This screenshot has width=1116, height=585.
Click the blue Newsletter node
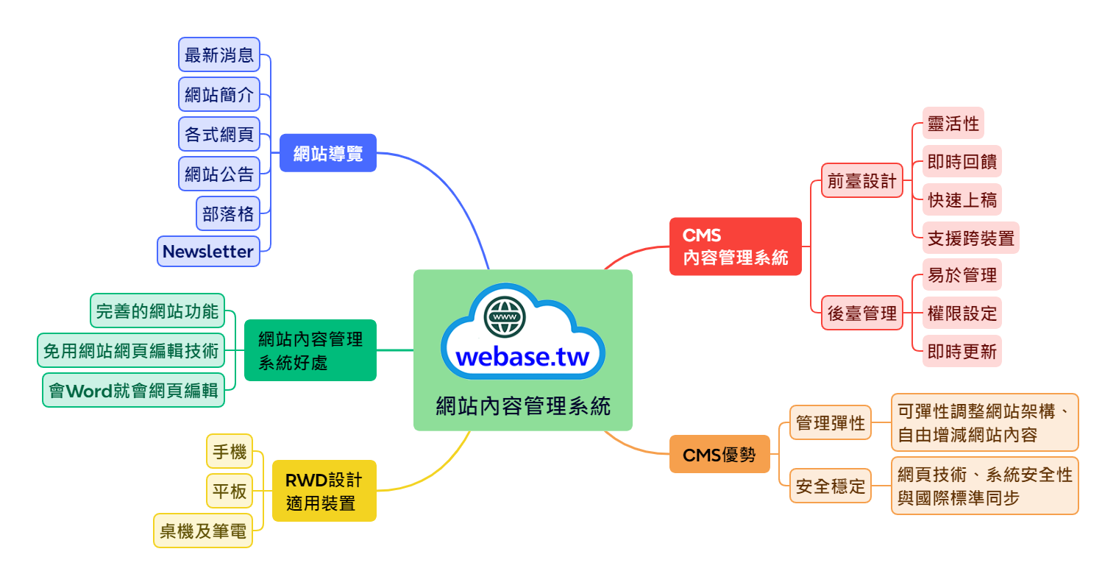[208, 252]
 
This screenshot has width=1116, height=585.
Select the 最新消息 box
[218, 55]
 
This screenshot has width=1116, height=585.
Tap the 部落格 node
[228, 214]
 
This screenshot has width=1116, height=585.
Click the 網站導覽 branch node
[327, 153]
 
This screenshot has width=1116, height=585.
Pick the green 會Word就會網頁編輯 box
[133, 390]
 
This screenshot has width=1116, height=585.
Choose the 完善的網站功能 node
[157, 311]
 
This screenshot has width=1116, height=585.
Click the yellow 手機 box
[230, 451]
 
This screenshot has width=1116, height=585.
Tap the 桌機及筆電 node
[203, 531]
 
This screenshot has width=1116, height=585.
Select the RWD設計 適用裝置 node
[324, 492]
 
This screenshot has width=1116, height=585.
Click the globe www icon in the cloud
[505, 316]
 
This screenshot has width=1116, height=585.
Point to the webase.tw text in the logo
[522, 358]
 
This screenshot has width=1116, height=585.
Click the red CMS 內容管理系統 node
[735, 247]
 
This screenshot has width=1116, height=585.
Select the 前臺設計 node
[861, 181]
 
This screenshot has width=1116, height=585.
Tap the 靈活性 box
[953, 124]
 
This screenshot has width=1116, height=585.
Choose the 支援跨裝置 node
[970, 238]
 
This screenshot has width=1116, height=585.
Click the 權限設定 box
[962, 313]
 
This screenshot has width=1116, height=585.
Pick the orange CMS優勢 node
[719, 455]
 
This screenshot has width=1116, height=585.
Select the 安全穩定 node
[830, 486]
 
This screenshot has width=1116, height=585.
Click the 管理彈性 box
[830, 423]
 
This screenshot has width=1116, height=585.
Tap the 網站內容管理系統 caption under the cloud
[522, 405]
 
